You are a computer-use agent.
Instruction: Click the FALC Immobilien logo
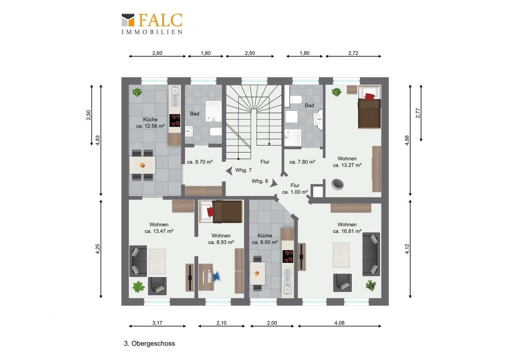click(x=152, y=24)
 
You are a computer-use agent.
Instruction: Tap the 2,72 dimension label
click(x=353, y=53)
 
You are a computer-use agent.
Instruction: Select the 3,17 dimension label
click(x=157, y=323)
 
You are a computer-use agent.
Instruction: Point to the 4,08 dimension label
click(x=339, y=323)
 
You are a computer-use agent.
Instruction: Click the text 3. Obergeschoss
click(x=149, y=343)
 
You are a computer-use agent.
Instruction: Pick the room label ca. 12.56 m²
click(x=151, y=126)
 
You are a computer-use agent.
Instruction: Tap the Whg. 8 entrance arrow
click(x=273, y=183)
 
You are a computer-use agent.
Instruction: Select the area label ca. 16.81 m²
click(x=347, y=231)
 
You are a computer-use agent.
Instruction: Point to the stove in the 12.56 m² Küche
click(x=175, y=121)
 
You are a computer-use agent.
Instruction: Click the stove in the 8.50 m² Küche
click(x=288, y=256)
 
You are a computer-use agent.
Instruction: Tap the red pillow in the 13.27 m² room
click(x=370, y=96)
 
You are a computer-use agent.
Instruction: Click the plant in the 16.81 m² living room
click(x=371, y=285)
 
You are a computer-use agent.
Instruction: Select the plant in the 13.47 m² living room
click(x=138, y=287)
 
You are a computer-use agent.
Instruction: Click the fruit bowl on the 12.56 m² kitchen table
click(x=143, y=165)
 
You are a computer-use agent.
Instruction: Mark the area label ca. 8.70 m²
click(x=200, y=162)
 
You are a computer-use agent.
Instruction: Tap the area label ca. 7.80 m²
click(x=302, y=162)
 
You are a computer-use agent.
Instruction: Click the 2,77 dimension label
click(x=418, y=113)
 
